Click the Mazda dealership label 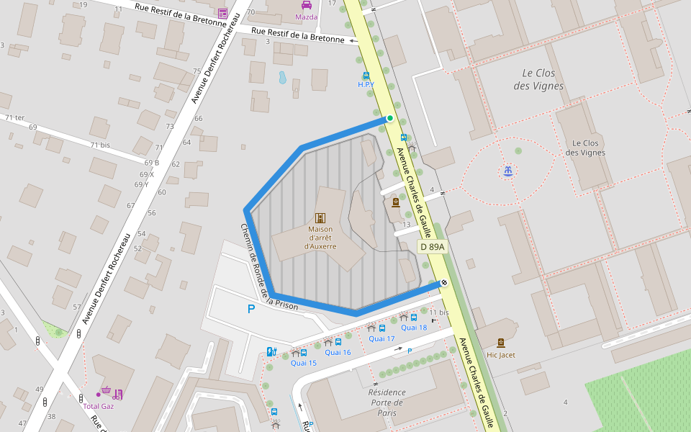coord(306,17)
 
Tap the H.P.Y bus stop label coord(366,85)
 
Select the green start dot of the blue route coord(390,118)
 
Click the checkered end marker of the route coord(444,283)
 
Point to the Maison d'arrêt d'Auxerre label coord(320,238)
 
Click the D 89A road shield coord(432,247)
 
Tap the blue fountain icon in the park coord(508,171)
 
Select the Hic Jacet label coord(501,355)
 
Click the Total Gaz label coord(99,406)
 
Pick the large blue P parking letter coord(251,310)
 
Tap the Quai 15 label coord(303,363)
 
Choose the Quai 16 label coord(338,352)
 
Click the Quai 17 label coord(381,338)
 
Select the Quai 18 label coord(414,328)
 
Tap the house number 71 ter coord(14,117)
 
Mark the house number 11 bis coord(438,312)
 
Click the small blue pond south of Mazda coord(283,77)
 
